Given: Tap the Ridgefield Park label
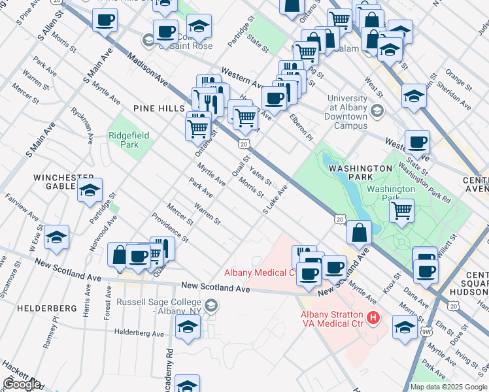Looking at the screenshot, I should tap(129, 140).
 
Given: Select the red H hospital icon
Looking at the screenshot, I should tap(373, 318).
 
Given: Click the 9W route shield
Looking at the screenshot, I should tap(426, 331).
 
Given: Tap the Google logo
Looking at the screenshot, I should tap(21, 384).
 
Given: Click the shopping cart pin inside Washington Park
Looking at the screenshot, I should tap(401, 211).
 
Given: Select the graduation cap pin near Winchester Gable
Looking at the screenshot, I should tap(90, 191).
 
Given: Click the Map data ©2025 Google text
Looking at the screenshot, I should tap(448, 387).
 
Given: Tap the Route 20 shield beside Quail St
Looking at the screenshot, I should tap(243, 142).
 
